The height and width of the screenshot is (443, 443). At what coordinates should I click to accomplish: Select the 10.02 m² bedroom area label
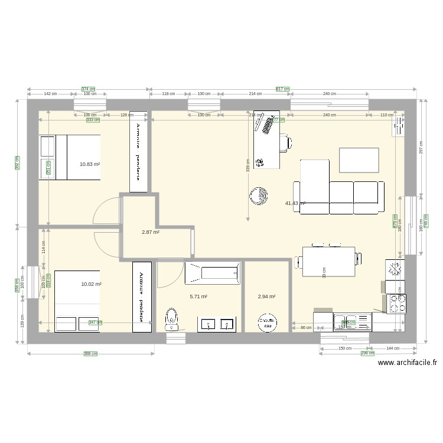[x=91, y=284]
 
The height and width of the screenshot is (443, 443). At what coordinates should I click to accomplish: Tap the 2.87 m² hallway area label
[x=151, y=232]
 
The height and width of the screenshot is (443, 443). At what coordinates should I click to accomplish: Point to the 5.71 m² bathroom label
[x=198, y=297]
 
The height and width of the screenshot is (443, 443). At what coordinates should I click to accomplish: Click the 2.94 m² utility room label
[x=266, y=297]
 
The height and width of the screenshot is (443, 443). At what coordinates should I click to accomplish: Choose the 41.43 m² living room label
[x=295, y=203]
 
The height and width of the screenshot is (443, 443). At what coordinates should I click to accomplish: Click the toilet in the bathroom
[x=172, y=317]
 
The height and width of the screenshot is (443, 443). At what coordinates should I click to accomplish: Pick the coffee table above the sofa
[x=359, y=159]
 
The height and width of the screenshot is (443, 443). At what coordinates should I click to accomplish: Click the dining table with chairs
[x=330, y=260]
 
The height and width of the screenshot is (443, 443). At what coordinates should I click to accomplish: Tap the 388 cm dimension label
[x=90, y=354]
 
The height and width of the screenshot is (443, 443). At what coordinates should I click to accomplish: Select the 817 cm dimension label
[x=283, y=89]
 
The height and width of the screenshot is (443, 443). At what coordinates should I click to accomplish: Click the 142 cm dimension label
[x=50, y=94]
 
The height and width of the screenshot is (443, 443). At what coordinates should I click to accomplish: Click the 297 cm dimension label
[x=421, y=148]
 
